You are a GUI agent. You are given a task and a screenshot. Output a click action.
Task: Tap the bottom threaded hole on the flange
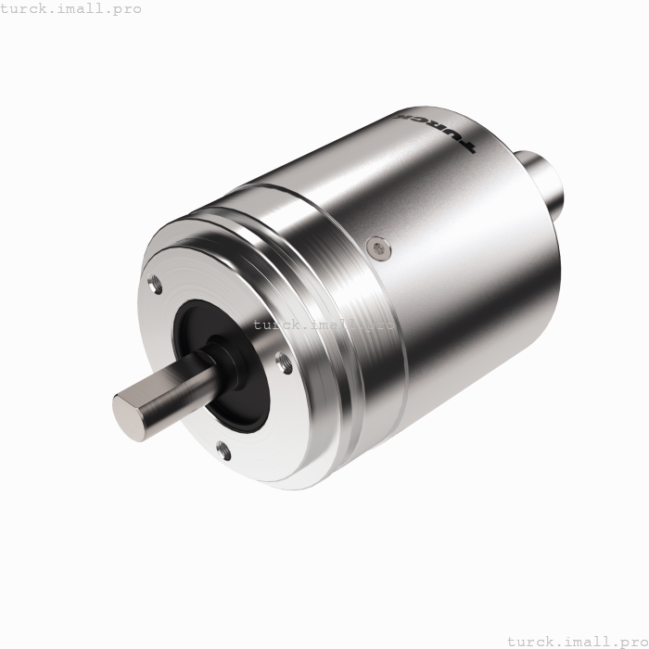pyautogui.click(x=223, y=451)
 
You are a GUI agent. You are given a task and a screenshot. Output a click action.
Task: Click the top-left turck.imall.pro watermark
pyautogui.click(x=71, y=8)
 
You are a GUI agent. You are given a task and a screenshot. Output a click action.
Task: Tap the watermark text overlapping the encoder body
pyautogui.click(x=324, y=324)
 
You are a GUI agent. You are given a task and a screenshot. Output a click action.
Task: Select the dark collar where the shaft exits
pyautogui.click(x=223, y=357)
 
